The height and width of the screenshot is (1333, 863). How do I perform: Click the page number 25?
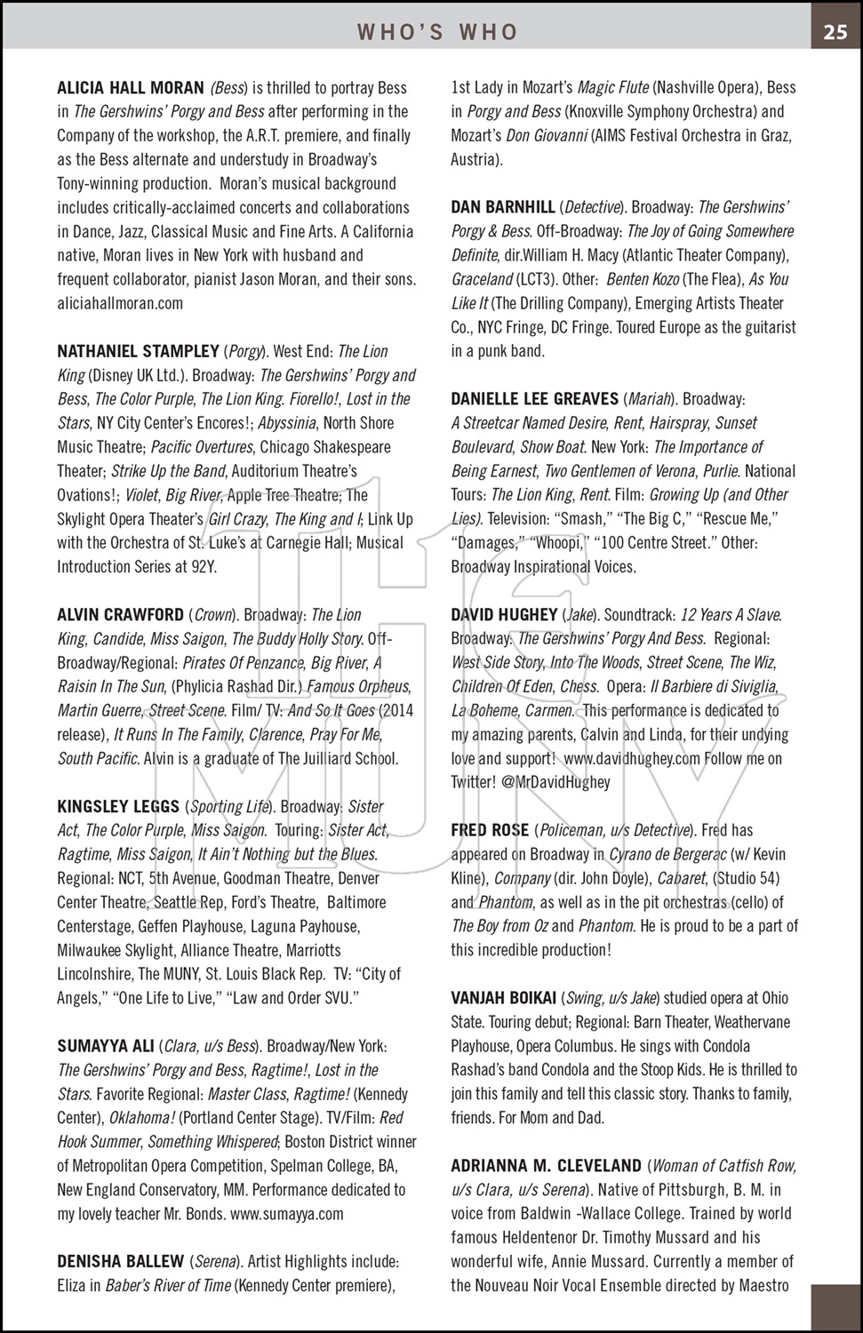835,32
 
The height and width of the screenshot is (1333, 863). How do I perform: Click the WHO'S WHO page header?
437,33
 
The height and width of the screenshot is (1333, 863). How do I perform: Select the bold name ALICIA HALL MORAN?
131,88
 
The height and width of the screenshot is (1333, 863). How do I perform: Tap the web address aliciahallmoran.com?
120,303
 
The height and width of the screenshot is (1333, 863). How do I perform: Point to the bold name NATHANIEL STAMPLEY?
138,351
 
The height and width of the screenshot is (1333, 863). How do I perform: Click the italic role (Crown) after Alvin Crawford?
212,615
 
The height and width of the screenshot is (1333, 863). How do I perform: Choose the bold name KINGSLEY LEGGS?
118,807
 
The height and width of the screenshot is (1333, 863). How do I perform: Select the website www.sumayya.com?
286,1214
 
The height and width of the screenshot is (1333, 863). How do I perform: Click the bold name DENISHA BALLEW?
121,1262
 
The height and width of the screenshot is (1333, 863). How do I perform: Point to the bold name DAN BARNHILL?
503,207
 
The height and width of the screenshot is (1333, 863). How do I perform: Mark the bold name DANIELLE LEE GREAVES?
534,399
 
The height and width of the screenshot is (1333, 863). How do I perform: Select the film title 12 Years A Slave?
731,615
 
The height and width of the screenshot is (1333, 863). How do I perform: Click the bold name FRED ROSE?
490,831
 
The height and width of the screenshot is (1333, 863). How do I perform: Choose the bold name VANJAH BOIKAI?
504,999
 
